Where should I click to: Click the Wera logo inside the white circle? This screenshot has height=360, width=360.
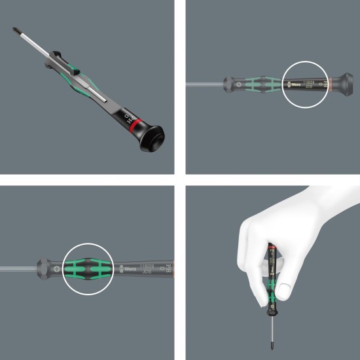tap(294, 83)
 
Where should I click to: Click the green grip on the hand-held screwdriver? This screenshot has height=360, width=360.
tap(270, 288)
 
